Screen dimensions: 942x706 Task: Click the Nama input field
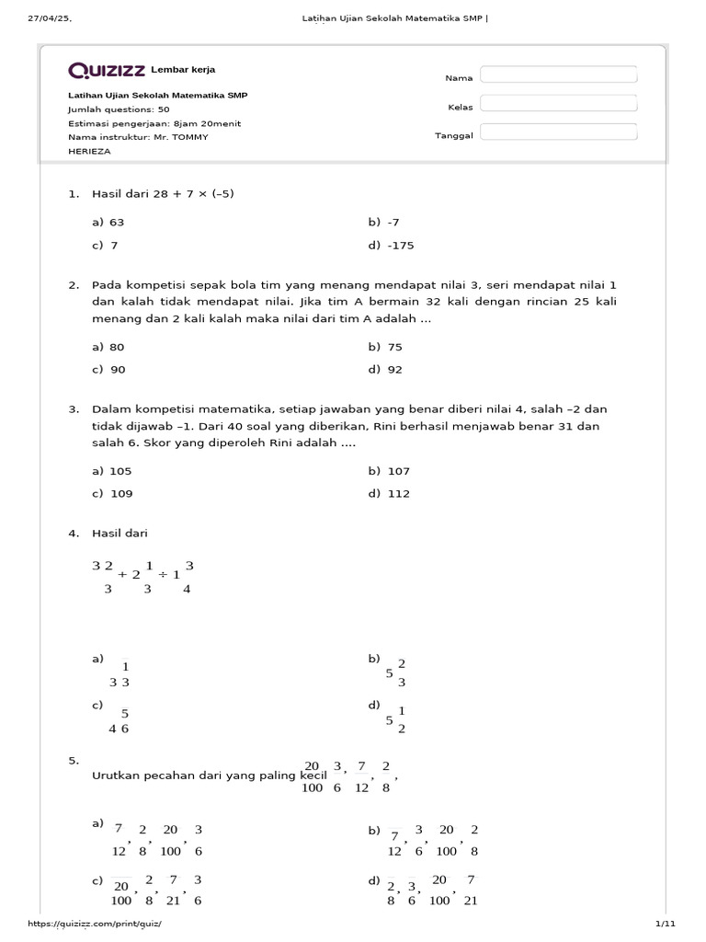(558, 75)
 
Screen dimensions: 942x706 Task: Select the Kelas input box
(558, 103)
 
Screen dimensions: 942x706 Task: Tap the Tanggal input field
(558, 132)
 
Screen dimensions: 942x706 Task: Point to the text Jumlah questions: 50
(118, 109)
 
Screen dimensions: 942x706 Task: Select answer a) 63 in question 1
(108, 223)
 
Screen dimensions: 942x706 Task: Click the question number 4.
(73, 534)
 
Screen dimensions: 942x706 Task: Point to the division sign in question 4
(163, 574)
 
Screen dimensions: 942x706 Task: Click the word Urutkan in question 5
(116, 775)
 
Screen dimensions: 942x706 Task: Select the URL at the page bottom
(100, 924)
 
